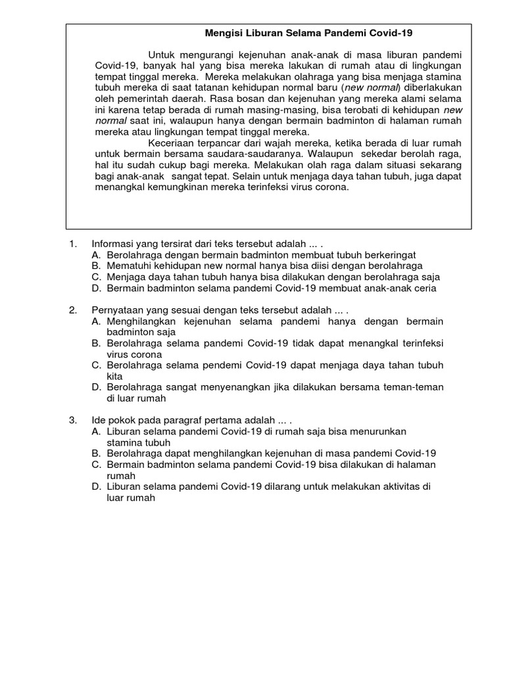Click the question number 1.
[74, 243]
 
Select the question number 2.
[74, 310]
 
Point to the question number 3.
[74, 420]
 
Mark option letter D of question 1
[96, 288]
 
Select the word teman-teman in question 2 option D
[412, 387]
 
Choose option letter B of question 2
[96, 343]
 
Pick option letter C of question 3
[96, 464]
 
